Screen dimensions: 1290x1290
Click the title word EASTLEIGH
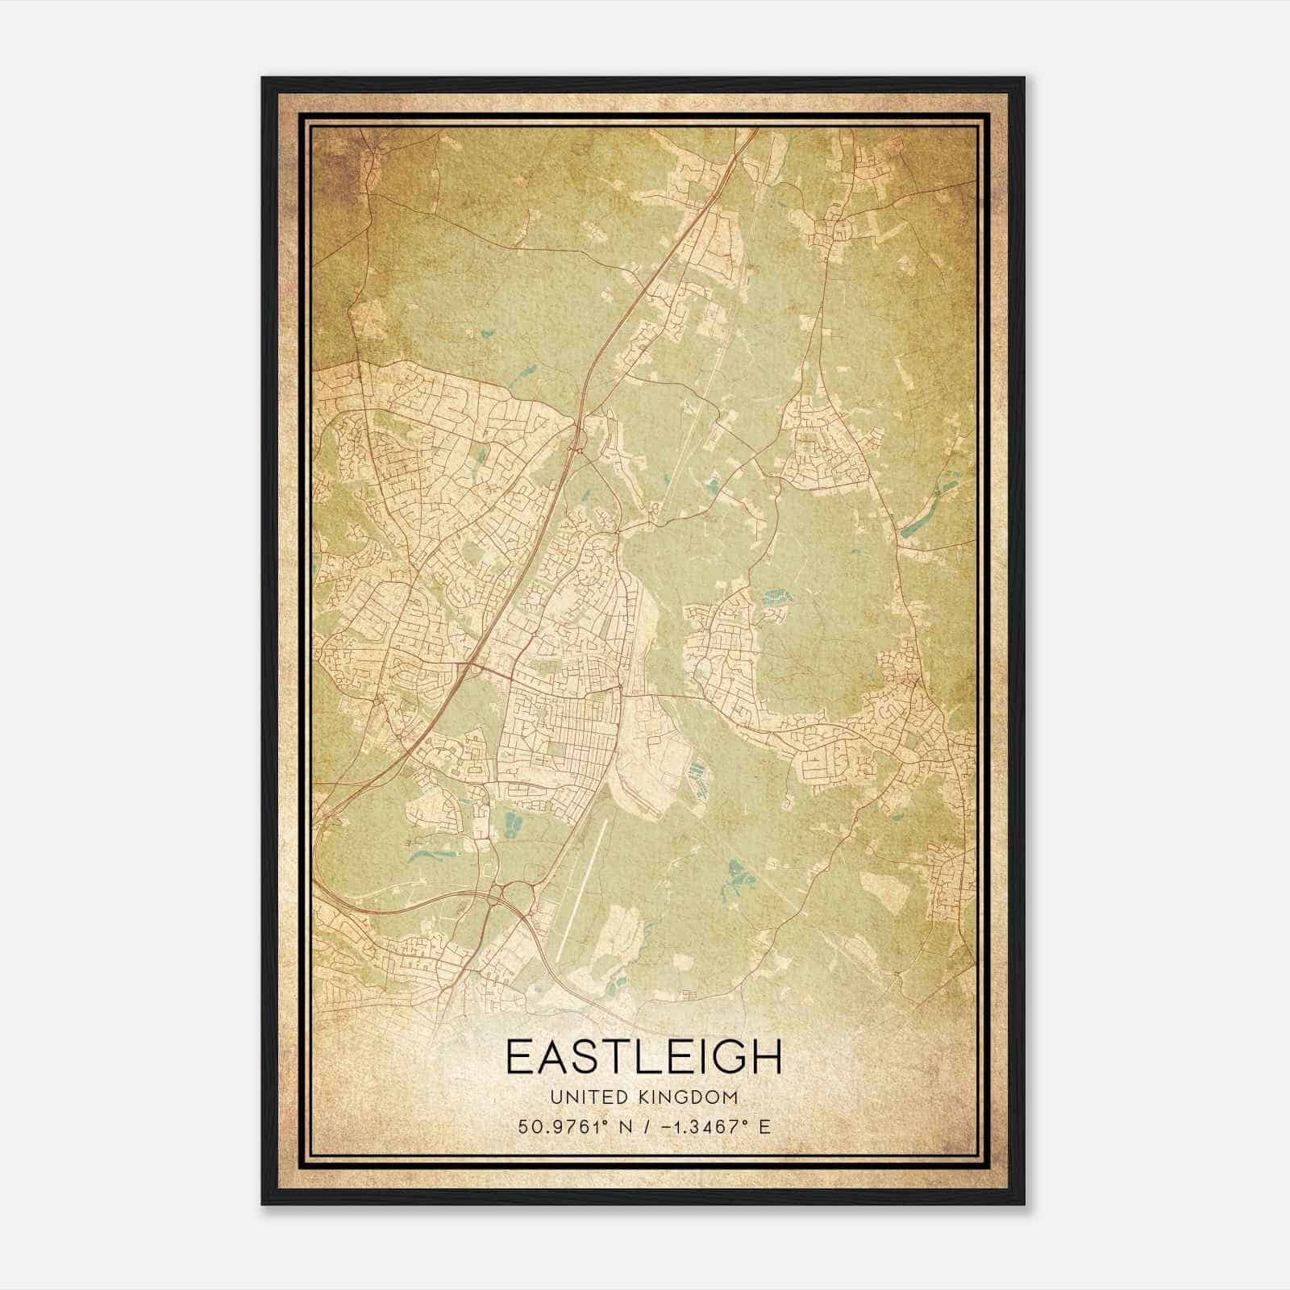643,1057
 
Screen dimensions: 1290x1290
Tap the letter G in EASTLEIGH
729,1057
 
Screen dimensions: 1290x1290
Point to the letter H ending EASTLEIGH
766,1057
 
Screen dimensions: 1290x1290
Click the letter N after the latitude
622,1126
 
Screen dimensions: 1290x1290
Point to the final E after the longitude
764,1126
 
